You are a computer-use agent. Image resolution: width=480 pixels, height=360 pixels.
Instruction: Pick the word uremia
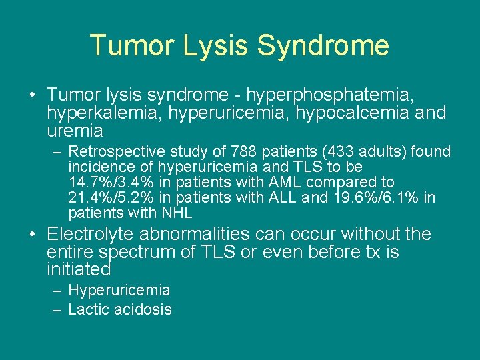click(75, 130)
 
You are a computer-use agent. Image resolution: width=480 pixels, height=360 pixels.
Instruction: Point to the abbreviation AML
click(281, 183)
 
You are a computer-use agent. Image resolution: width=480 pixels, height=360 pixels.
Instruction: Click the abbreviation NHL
click(176, 213)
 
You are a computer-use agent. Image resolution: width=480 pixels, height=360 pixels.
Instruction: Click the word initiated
click(78, 269)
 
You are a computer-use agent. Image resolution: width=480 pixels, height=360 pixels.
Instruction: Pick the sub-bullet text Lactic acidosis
click(120, 309)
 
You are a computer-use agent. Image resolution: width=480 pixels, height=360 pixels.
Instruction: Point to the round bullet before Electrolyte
click(33, 235)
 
